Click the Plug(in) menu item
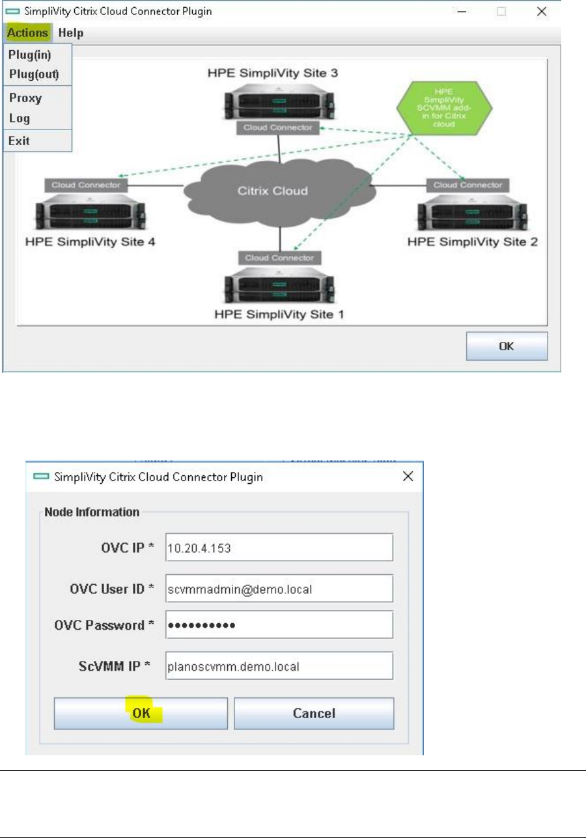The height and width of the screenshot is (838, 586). point(30,56)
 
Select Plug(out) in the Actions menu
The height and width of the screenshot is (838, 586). point(34,74)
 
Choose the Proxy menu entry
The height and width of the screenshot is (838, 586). point(25,98)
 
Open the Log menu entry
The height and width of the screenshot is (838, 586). point(20,119)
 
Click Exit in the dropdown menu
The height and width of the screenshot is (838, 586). point(19,141)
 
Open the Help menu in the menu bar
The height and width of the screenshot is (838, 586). point(70,33)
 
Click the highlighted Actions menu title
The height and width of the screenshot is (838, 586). point(28,33)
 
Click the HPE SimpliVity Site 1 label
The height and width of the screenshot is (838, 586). point(279,314)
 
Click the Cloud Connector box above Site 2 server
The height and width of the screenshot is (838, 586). point(468,185)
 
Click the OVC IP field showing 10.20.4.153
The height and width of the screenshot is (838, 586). point(279,548)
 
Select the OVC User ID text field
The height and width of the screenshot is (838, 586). point(279,589)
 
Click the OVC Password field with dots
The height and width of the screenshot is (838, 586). point(279,625)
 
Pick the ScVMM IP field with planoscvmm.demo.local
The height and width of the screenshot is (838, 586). point(279,666)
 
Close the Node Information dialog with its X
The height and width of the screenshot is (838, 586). point(408,477)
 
